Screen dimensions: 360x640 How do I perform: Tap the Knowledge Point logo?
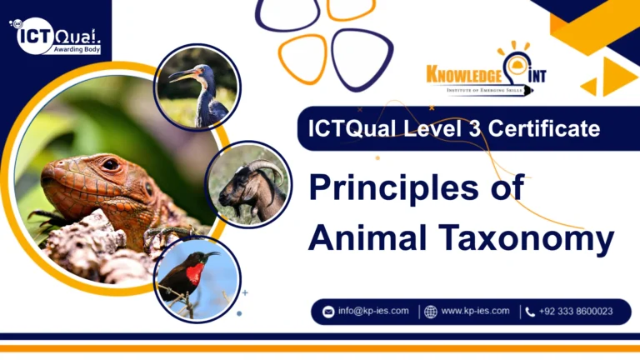tap(487, 73)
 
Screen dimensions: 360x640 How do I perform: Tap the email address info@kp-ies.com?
tap(373, 311)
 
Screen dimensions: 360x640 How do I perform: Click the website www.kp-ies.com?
tap(475, 311)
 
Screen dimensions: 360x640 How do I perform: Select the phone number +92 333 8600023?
tap(576, 311)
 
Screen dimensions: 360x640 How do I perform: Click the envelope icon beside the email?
tap(328, 312)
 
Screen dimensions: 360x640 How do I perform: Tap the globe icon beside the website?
tap(430, 312)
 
